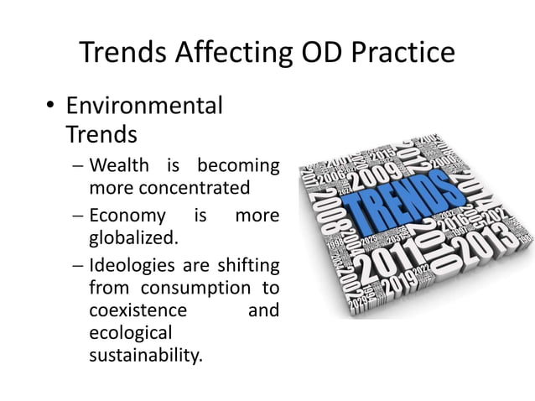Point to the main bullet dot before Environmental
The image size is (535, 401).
[x=49, y=107]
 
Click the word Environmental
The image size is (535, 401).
[x=144, y=107]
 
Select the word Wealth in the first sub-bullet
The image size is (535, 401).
[x=115, y=164]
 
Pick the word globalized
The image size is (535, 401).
[x=134, y=237]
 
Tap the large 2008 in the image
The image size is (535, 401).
[x=328, y=210]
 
